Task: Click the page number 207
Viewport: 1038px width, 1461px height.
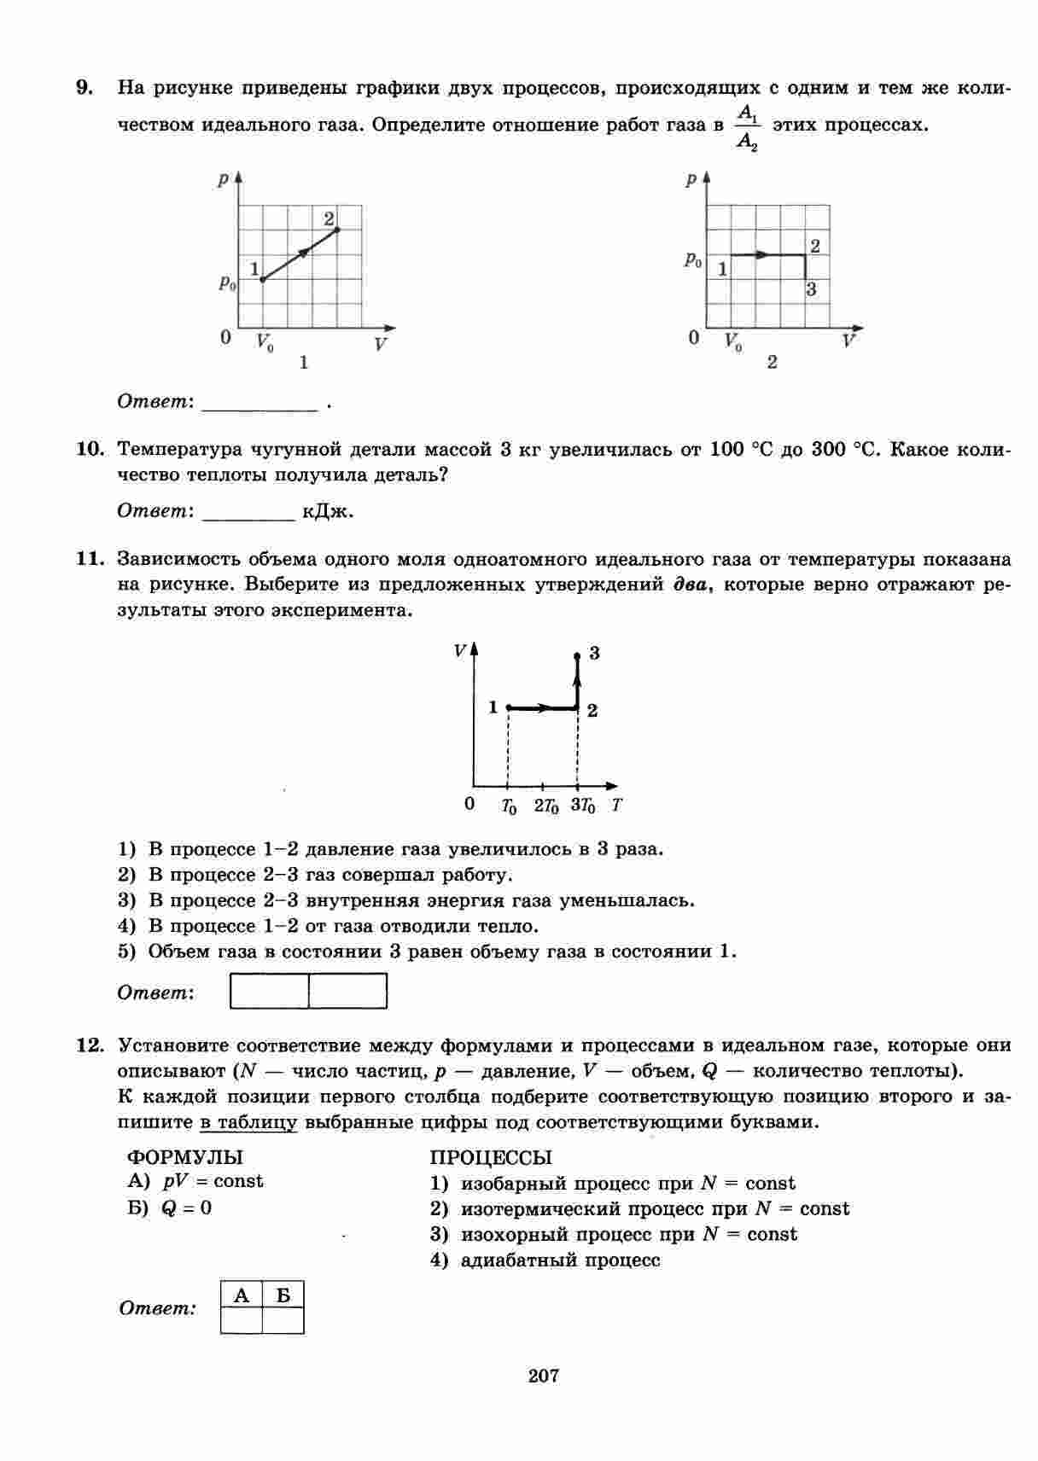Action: [544, 1375]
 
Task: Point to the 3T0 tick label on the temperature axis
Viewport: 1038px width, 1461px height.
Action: [582, 806]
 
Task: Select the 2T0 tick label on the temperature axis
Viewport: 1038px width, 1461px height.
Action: [545, 806]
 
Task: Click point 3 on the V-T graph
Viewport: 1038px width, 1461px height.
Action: [578, 655]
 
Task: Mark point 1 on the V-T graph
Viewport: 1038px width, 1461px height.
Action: [508, 707]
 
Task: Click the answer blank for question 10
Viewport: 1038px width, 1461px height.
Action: [248, 513]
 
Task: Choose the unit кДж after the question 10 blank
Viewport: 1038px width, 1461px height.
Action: [328, 512]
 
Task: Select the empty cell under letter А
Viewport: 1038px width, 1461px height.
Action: [242, 1320]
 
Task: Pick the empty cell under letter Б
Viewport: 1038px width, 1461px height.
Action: [283, 1320]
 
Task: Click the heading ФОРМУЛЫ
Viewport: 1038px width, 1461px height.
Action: [184, 1157]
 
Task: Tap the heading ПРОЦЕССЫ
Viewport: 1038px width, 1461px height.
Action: [491, 1158]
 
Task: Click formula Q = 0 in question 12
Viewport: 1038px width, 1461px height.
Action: [186, 1208]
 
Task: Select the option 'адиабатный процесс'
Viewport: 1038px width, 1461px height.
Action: [560, 1260]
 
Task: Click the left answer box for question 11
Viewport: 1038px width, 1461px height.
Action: [270, 992]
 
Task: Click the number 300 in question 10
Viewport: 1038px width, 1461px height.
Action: [828, 450]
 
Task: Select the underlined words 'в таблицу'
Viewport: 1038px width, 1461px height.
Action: [248, 1122]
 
